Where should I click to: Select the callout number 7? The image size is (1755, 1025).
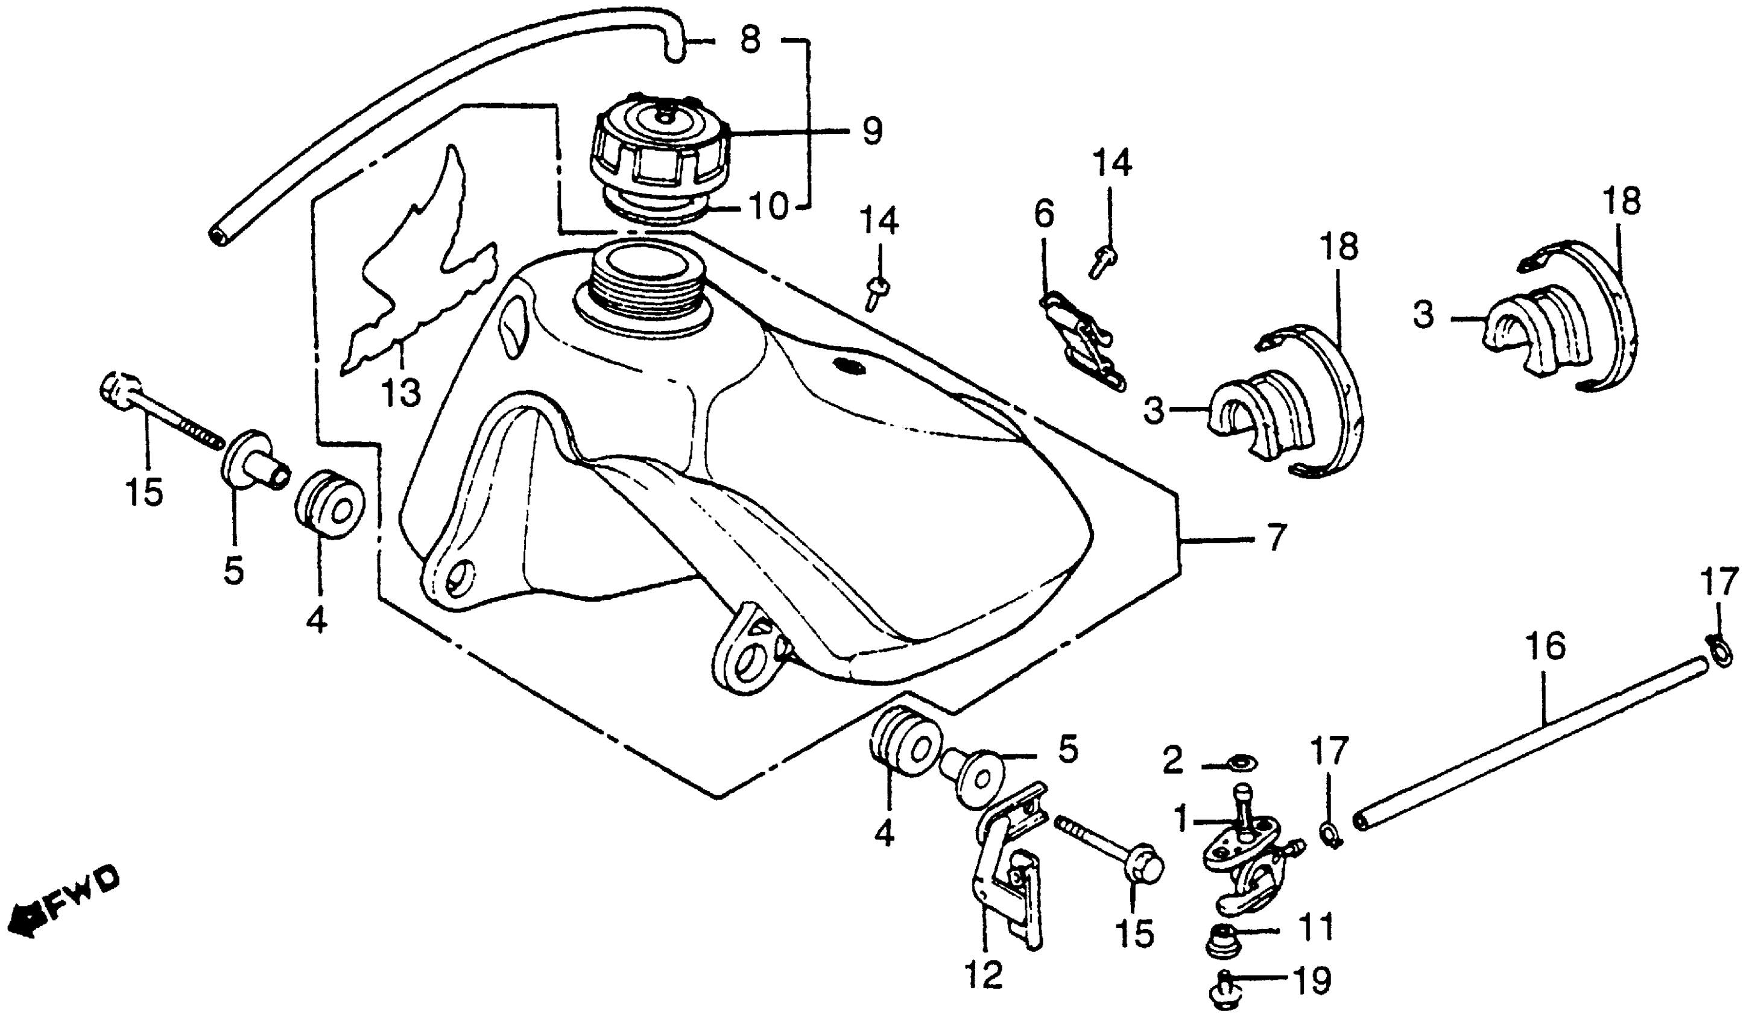(1274, 538)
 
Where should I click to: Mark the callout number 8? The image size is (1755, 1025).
(750, 40)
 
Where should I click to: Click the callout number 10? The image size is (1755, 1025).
(768, 206)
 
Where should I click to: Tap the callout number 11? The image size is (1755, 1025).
(1312, 926)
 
